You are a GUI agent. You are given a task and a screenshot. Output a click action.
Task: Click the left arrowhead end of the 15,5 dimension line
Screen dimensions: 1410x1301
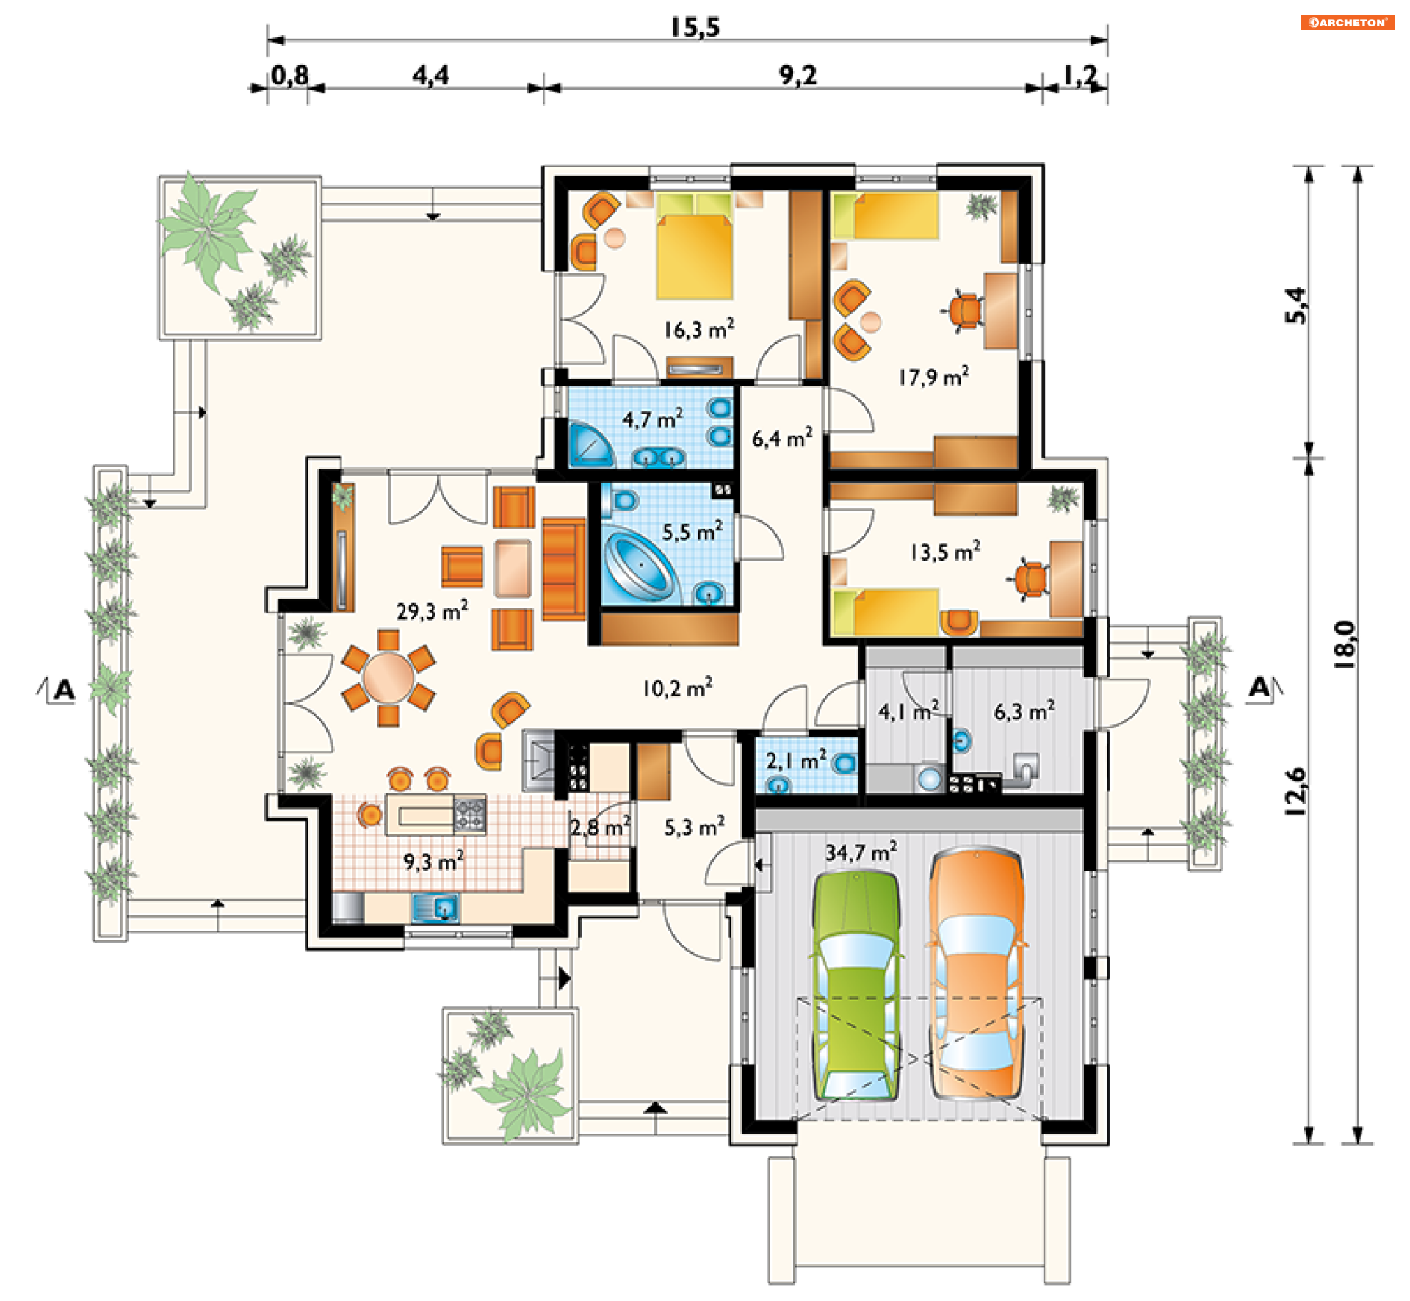pos(268,40)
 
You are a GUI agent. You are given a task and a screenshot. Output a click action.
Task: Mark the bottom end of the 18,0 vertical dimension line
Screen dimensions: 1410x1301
pos(1357,1143)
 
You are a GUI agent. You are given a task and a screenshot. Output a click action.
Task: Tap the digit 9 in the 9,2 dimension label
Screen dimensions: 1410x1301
pos(786,75)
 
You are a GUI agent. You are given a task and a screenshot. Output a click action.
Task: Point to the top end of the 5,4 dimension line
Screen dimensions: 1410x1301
pos(1308,167)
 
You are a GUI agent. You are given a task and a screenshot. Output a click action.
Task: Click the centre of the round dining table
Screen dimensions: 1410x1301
pos(388,677)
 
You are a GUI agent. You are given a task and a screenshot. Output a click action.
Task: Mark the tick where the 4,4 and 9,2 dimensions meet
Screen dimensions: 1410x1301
pos(543,88)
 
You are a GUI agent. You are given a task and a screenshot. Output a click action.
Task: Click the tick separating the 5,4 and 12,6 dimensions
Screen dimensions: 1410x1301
pos(1308,458)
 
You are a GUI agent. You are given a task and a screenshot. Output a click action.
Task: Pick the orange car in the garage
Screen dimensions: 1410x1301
pos(976,974)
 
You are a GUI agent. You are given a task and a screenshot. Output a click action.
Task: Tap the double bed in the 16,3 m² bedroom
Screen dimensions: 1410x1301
pos(694,246)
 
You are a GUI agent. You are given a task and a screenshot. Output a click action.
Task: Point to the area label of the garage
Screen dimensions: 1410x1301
pos(861,852)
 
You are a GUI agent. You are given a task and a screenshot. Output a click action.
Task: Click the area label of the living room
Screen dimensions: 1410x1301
pos(432,610)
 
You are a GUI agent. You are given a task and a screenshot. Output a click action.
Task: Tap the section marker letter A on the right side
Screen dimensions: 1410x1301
pos(1260,688)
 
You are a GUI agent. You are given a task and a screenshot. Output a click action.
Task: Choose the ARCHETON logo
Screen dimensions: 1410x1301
pos(1348,22)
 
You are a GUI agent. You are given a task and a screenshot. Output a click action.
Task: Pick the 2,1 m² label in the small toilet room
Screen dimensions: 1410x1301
pos(796,760)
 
